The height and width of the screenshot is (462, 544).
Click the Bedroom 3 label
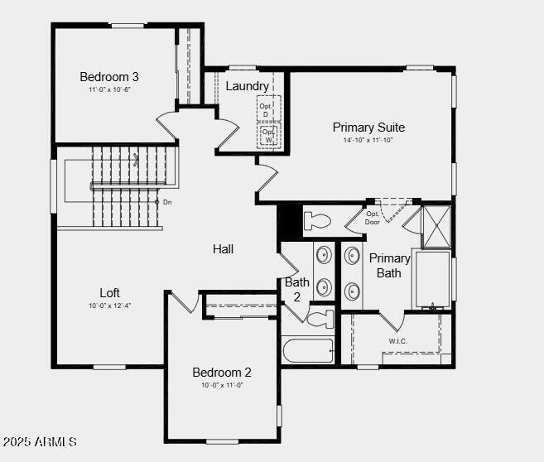[109, 76]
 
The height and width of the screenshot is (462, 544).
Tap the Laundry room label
[247, 86]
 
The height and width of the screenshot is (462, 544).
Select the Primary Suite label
[368, 128]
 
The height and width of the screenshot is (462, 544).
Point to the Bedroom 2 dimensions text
[222, 385]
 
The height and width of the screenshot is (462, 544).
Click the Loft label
[110, 292]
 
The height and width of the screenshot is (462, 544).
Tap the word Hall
[223, 248]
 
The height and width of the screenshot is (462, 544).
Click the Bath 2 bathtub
[307, 350]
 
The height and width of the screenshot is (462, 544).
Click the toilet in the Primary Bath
[317, 221]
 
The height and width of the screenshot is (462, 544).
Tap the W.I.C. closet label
[399, 340]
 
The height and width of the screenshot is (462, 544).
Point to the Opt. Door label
[373, 218]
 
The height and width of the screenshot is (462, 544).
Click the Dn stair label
[166, 202]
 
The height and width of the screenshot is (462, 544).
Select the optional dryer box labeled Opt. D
[267, 110]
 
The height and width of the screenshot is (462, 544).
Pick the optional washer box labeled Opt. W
[268, 135]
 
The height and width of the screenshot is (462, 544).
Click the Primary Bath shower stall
[436, 227]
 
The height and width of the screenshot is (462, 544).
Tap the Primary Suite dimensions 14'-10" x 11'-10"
[368, 140]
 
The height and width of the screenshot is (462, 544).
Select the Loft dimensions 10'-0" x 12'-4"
[110, 306]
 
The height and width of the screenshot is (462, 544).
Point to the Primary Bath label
[389, 265]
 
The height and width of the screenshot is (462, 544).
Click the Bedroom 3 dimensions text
[110, 89]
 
